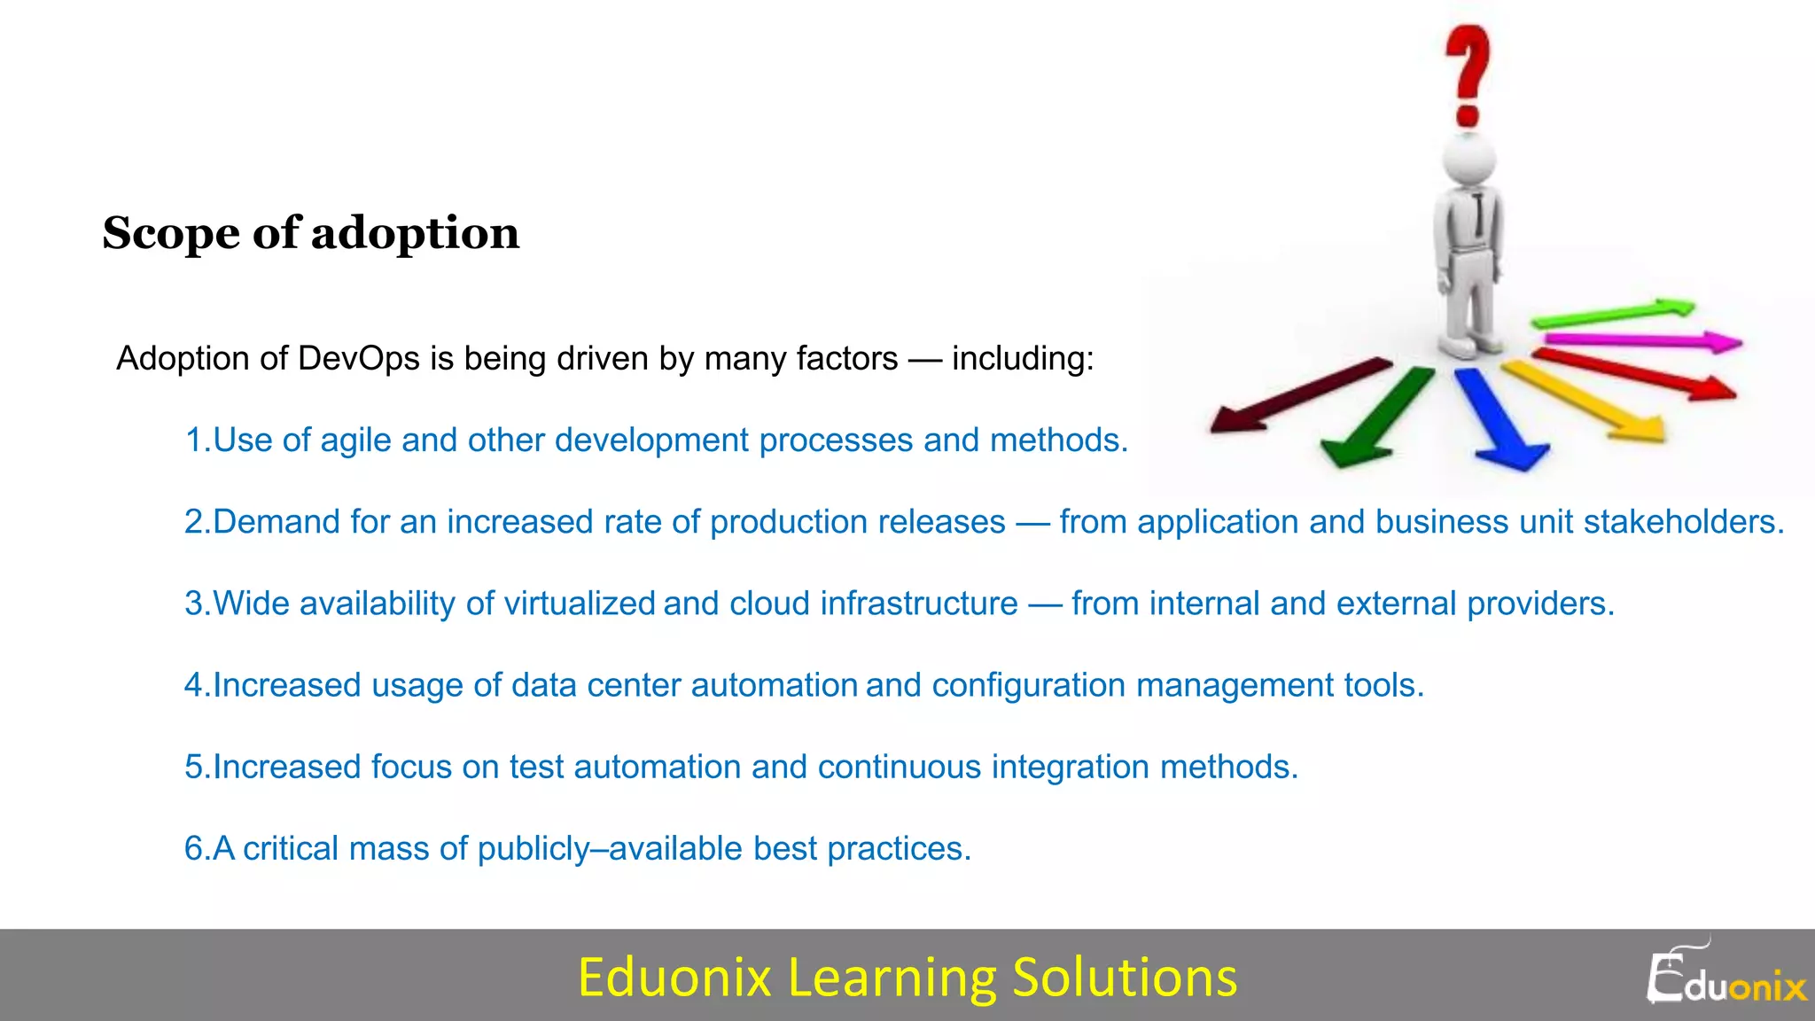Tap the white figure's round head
(1468, 160)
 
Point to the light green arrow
(1613, 313)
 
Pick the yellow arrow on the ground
(1586, 400)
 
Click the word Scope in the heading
(170, 234)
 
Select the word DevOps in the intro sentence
(358, 359)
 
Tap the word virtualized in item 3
(580, 604)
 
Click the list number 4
(194, 685)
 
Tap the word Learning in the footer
(892, 977)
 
